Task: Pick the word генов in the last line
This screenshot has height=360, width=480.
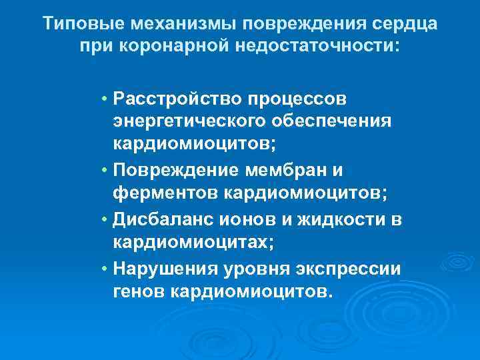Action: point(139,292)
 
